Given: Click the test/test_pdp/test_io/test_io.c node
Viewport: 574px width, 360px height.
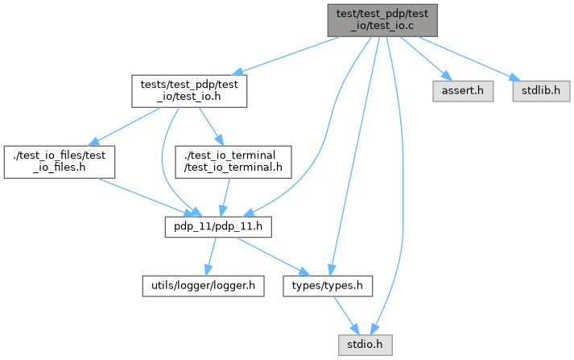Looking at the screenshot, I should pos(382,19).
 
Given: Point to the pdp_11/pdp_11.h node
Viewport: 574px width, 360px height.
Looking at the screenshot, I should pos(218,229).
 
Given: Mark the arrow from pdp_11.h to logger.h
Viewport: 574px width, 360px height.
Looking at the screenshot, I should pos(211,257).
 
